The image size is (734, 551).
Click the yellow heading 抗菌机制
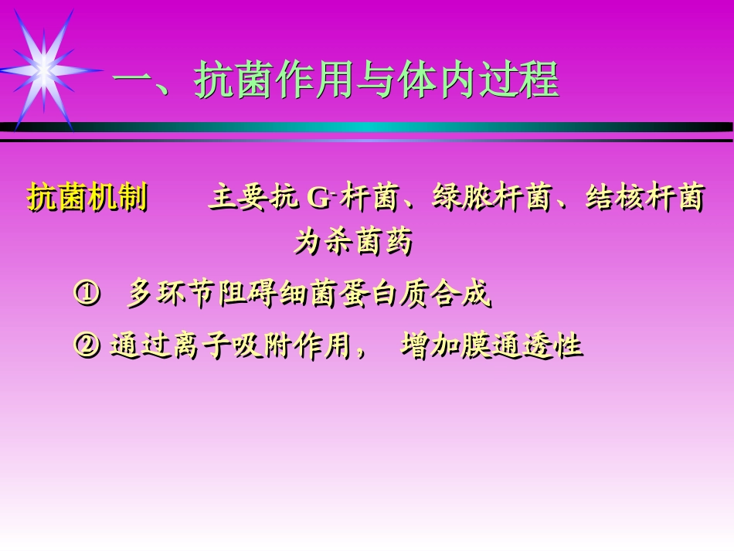tap(87, 199)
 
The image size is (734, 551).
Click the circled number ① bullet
tap(86, 294)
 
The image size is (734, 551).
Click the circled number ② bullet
tap(86, 345)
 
